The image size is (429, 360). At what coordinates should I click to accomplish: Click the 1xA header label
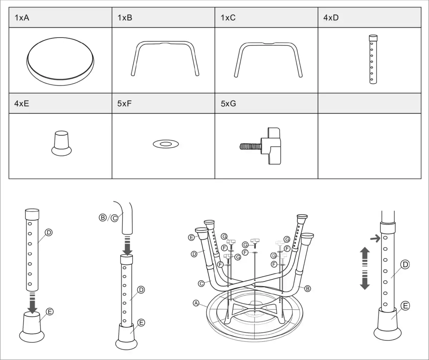[x=22, y=17]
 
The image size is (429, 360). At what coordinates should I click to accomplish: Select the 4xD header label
[x=331, y=17]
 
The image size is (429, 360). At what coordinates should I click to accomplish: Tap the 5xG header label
[x=228, y=104]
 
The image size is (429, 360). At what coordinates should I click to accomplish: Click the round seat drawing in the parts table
[x=60, y=61]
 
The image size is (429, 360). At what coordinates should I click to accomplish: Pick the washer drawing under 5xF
[x=166, y=144]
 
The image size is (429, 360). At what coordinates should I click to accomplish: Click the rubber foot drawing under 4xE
[x=61, y=143]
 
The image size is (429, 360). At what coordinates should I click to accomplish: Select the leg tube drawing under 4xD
[x=373, y=59]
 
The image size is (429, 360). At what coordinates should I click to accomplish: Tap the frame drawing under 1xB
[x=165, y=59]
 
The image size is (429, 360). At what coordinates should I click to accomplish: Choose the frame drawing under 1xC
[x=268, y=60]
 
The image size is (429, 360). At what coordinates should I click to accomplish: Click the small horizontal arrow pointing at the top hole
[x=375, y=238]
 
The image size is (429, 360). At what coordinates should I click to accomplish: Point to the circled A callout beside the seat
[x=196, y=303]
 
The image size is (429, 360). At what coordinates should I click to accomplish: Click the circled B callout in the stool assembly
[x=307, y=289]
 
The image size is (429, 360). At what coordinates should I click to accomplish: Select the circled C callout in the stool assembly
[x=201, y=284]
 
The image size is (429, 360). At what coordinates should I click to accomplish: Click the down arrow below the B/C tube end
[x=128, y=245]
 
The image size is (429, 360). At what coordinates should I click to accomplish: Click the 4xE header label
[x=21, y=104]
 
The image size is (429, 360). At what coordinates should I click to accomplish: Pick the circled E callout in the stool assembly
[x=191, y=237]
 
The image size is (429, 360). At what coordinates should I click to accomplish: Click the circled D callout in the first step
[x=49, y=232]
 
